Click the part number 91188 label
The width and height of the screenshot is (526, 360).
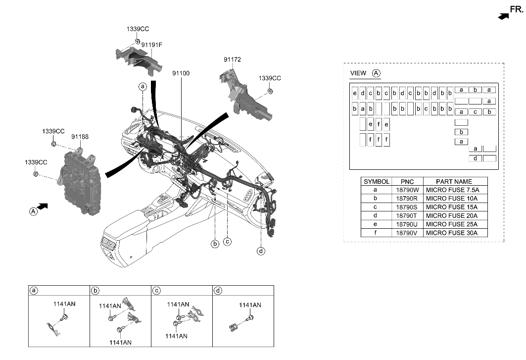tap(80, 136)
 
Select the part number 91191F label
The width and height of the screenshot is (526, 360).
tap(151, 45)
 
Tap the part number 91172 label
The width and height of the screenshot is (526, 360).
tap(232, 59)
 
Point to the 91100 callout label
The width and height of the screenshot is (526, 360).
tap(181, 73)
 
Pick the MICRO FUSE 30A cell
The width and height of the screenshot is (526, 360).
tap(451, 232)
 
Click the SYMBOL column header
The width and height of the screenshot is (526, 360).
tap(377, 181)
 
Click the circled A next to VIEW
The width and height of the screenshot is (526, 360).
tap(376, 73)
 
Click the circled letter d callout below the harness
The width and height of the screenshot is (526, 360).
tap(261, 251)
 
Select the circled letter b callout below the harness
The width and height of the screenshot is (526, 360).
tap(215, 243)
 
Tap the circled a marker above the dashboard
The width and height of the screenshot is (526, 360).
tap(143, 86)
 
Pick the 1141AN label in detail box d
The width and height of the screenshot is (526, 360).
tap(250, 305)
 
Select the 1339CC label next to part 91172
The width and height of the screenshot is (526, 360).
tap(270, 78)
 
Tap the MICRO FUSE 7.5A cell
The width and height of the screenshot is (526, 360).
tap(451, 190)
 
